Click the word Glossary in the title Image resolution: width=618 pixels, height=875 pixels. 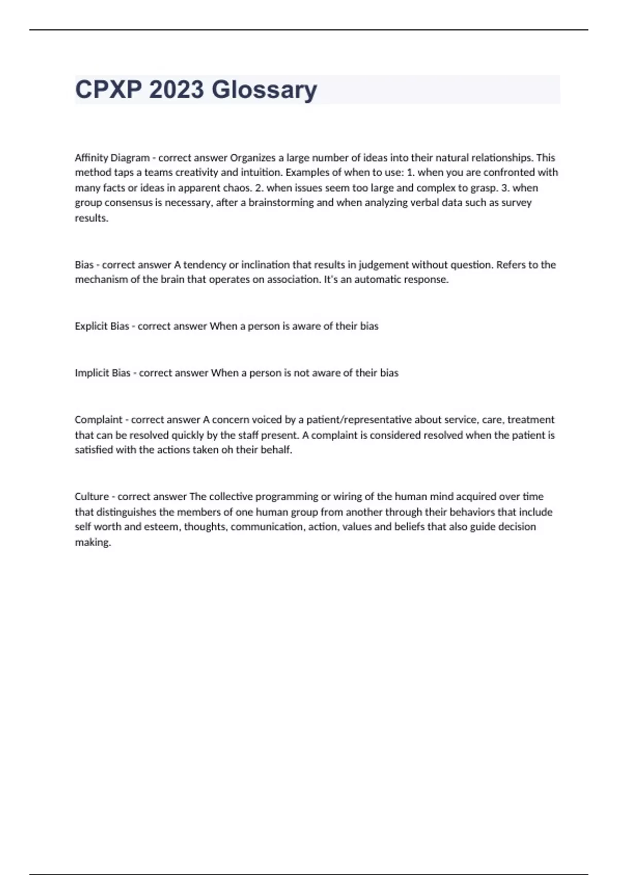click(264, 90)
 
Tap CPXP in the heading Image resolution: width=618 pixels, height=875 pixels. click(108, 90)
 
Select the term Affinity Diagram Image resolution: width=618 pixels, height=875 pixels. click(112, 157)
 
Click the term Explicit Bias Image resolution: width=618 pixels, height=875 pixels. click(101, 326)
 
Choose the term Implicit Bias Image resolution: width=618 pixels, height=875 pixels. click(102, 373)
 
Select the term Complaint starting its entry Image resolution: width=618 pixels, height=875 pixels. click(98, 419)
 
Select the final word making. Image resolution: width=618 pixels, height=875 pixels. click(93, 542)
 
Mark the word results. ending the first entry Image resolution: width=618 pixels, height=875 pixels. click(92, 218)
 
